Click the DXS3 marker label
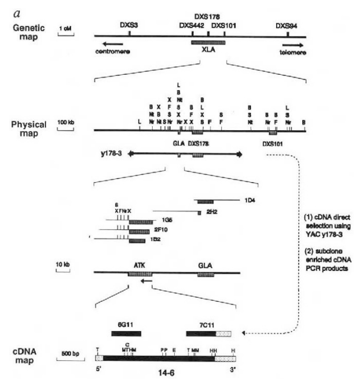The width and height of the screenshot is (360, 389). pos(128,25)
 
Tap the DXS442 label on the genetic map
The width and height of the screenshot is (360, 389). pos(192,25)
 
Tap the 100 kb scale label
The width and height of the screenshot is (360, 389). pos(66,122)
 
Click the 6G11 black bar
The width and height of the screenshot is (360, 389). pos(126,333)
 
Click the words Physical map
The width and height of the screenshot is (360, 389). pos(28,128)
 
